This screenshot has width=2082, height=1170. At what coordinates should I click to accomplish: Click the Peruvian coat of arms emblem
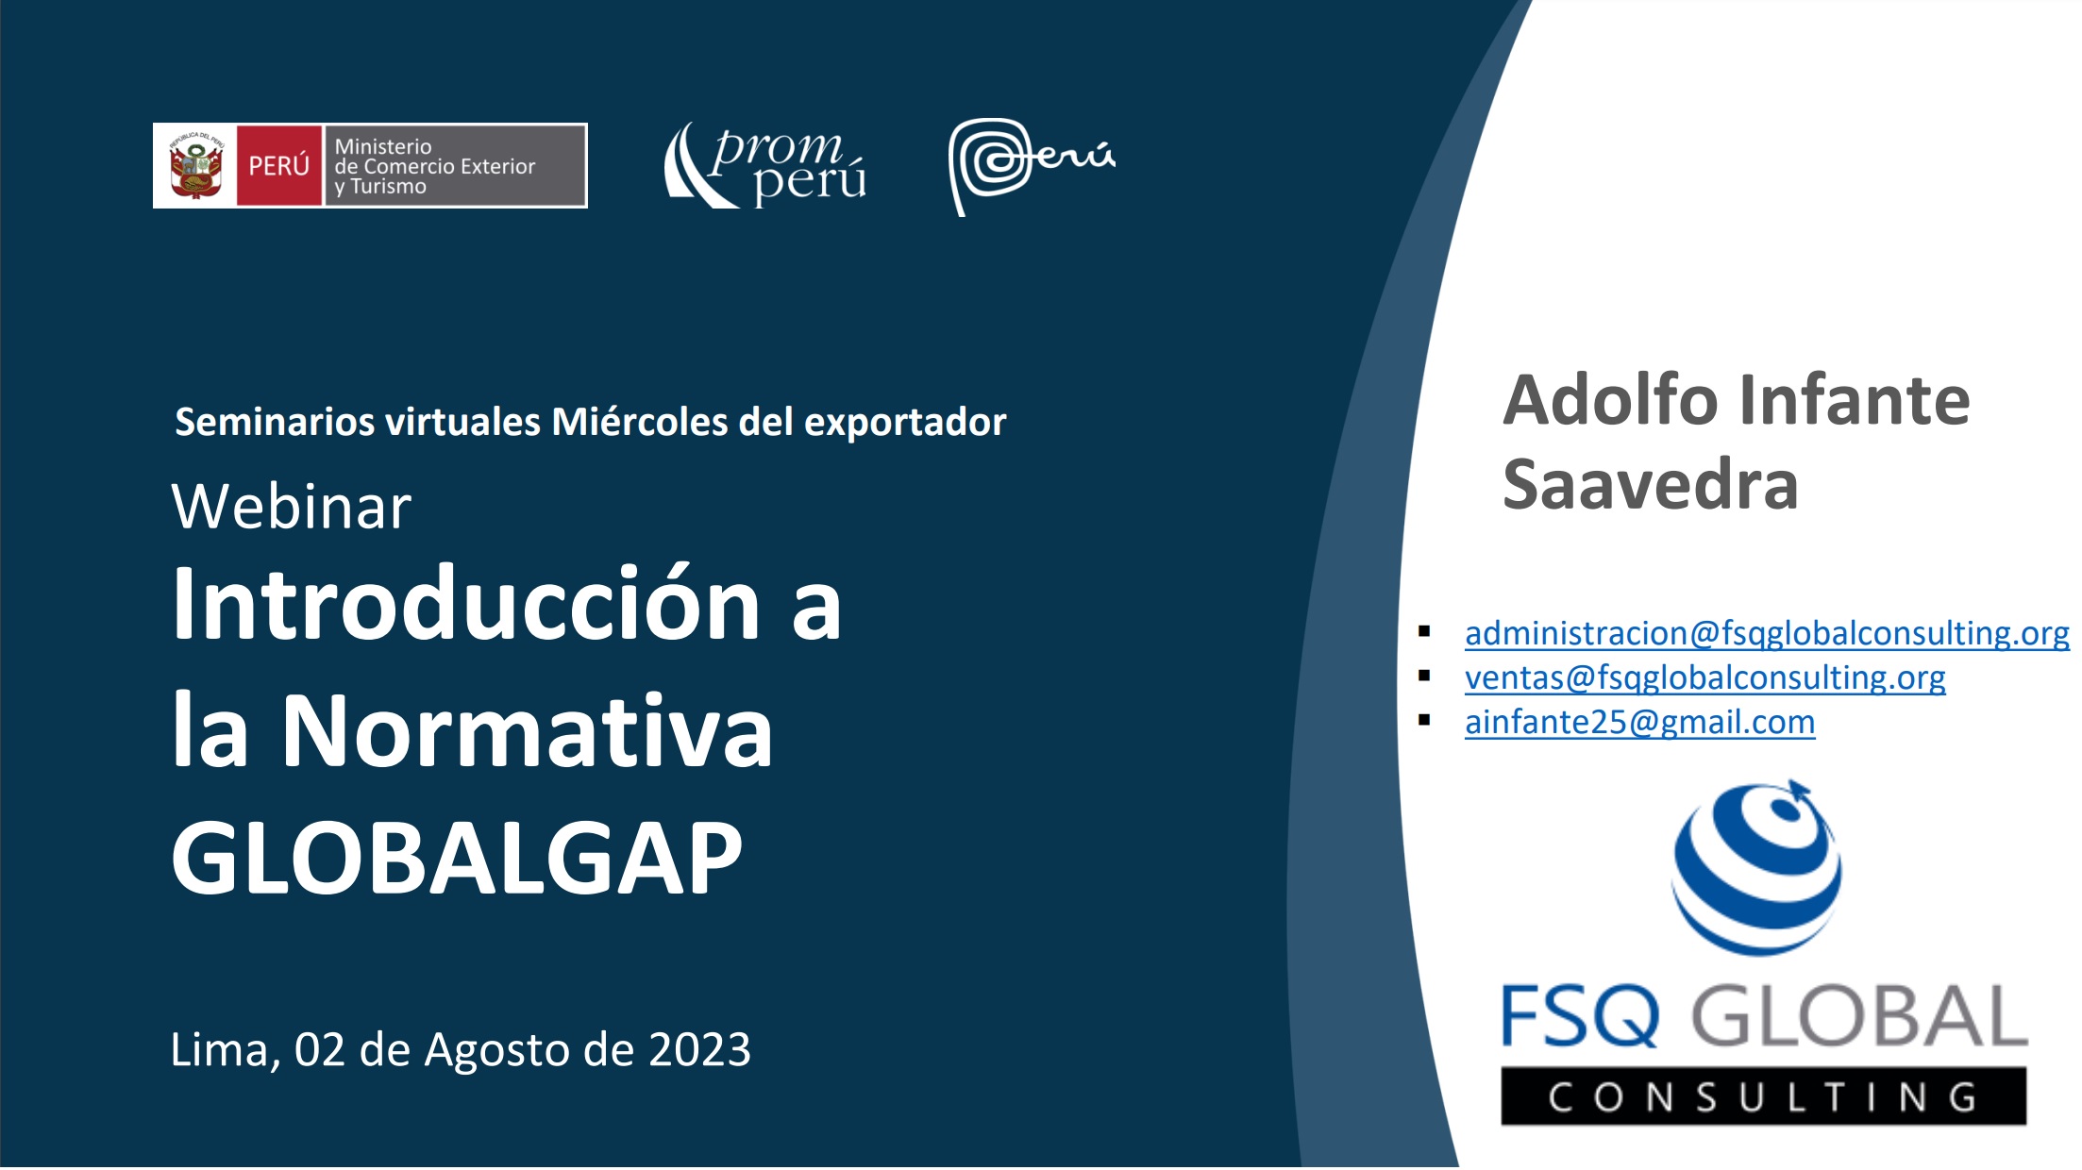[x=195, y=166]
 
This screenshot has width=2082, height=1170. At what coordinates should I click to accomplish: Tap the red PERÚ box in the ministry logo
[x=278, y=166]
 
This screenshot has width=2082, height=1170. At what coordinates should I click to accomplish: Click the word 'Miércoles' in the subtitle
[x=639, y=422]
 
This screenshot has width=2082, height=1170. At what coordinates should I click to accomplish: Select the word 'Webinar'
[x=292, y=507]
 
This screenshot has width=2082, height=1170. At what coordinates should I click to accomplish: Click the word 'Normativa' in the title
[x=528, y=731]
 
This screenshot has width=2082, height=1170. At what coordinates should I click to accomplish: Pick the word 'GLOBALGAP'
[x=457, y=858]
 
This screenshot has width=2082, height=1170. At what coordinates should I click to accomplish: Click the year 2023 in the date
[x=699, y=1049]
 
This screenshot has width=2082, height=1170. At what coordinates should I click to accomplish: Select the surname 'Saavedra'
[x=1650, y=485]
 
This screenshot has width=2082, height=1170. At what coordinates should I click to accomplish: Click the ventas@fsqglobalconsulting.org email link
[x=1704, y=677]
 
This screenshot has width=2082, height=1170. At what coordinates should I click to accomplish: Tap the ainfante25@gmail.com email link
[x=1639, y=722]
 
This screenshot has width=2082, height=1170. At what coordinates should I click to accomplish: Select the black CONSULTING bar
[x=1763, y=1096]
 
